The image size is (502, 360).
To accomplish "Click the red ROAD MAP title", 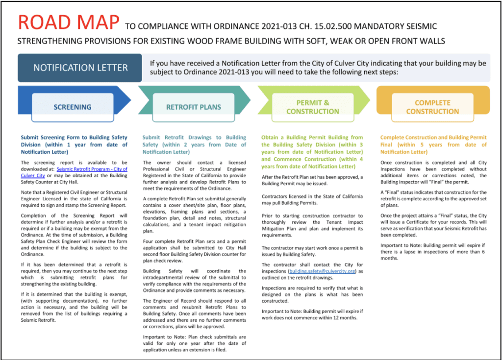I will click(68, 22).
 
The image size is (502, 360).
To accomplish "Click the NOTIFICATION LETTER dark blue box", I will click(80, 68).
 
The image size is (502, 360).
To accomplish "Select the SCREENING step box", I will click(73, 107).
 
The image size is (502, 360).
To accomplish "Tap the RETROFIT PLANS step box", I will click(194, 107).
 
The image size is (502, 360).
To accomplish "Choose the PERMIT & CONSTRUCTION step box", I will click(312, 107).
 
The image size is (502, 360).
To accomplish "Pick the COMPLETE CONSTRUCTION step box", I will click(432, 107).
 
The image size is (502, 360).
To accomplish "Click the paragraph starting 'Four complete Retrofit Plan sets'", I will click(194, 251).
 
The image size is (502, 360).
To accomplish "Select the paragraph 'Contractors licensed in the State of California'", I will click(312, 199).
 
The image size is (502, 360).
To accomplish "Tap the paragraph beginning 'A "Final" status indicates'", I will click(433, 198).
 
